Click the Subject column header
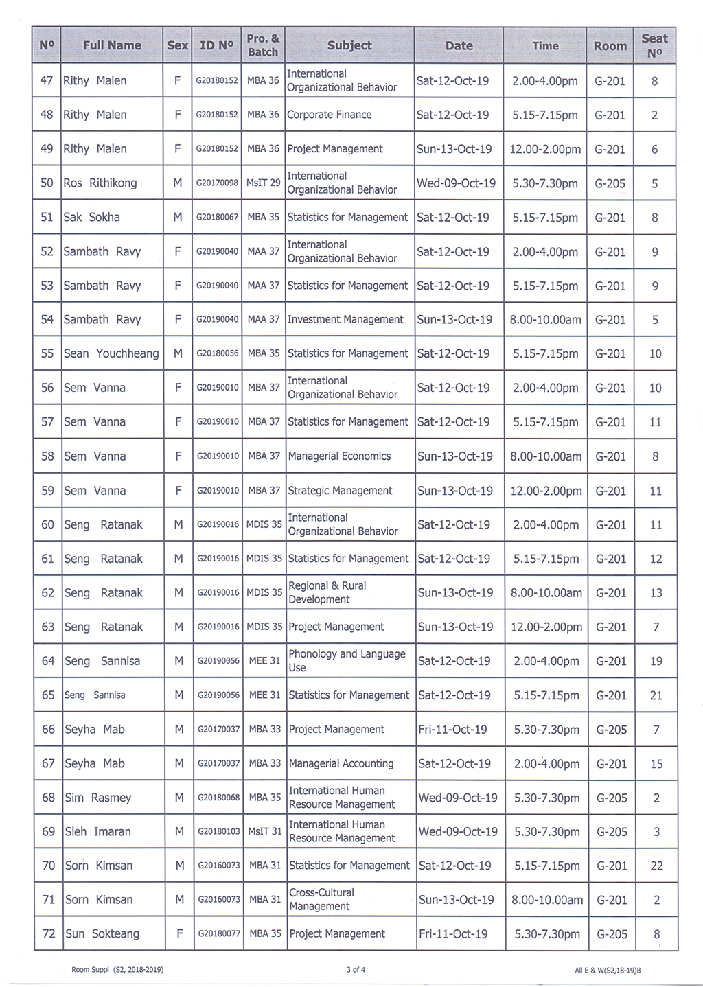coord(349,45)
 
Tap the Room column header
coord(610,46)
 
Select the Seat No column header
coord(654,45)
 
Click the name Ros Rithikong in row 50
coord(100,183)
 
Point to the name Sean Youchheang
coord(111,353)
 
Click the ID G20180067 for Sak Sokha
coord(217,218)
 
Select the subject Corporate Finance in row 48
coord(329,115)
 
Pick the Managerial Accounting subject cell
coord(341,763)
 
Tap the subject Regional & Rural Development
coord(327,592)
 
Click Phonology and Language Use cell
coord(347,660)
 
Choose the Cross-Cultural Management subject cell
coord(321,899)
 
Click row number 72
coord(49,933)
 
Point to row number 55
coord(47,353)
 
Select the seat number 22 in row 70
coord(656,866)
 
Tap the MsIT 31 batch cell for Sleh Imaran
coord(264,831)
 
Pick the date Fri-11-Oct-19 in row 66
coord(452,729)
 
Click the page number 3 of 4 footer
coord(356,970)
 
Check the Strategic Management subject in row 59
coord(340,491)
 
